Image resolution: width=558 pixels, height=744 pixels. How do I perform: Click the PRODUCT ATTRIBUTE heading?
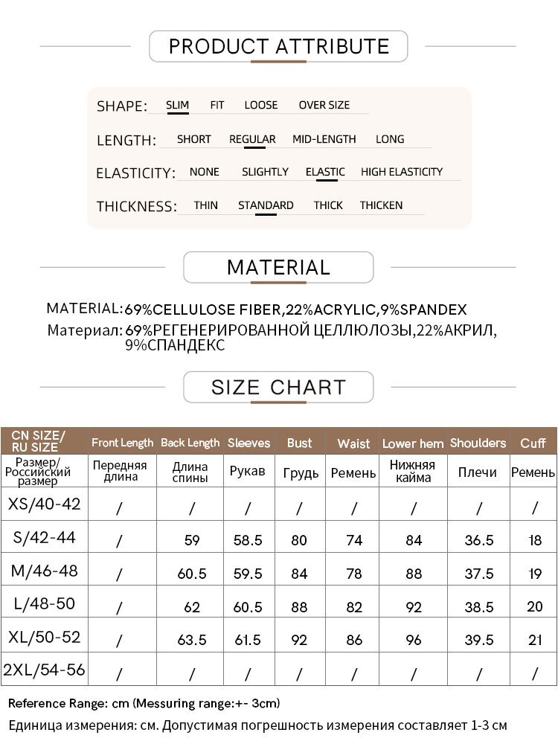(x=279, y=46)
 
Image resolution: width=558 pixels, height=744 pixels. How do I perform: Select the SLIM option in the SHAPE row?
(x=177, y=105)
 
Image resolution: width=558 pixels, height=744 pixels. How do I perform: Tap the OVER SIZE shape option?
(x=324, y=105)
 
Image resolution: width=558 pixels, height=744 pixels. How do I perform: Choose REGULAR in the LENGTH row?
(x=252, y=139)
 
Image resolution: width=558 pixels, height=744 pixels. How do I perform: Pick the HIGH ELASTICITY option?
(x=402, y=172)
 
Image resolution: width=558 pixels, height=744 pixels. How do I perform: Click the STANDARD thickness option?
(x=266, y=205)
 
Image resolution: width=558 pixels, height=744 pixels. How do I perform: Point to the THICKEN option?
(x=381, y=205)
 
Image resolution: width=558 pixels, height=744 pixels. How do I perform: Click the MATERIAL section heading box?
(x=278, y=267)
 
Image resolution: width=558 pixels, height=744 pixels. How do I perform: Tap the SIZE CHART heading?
(x=278, y=387)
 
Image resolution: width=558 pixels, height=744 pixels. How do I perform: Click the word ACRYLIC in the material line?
(x=347, y=310)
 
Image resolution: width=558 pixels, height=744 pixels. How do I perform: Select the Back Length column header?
(x=190, y=443)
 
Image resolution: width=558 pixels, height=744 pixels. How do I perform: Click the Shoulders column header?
(x=478, y=443)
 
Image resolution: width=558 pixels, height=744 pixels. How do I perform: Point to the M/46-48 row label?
(x=45, y=571)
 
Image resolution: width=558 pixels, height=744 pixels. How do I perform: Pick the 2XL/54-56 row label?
(x=45, y=670)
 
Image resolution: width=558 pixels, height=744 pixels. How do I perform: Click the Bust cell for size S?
(x=299, y=540)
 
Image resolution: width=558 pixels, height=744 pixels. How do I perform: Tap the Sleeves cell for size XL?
(x=248, y=640)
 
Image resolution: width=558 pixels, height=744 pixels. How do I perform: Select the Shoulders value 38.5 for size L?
(x=478, y=606)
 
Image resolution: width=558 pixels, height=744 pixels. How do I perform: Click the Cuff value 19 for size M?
(x=535, y=574)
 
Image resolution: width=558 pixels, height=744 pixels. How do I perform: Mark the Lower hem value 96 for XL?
(x=414, y=640)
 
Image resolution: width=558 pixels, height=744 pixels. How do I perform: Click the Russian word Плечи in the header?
(x=478, y=472)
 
